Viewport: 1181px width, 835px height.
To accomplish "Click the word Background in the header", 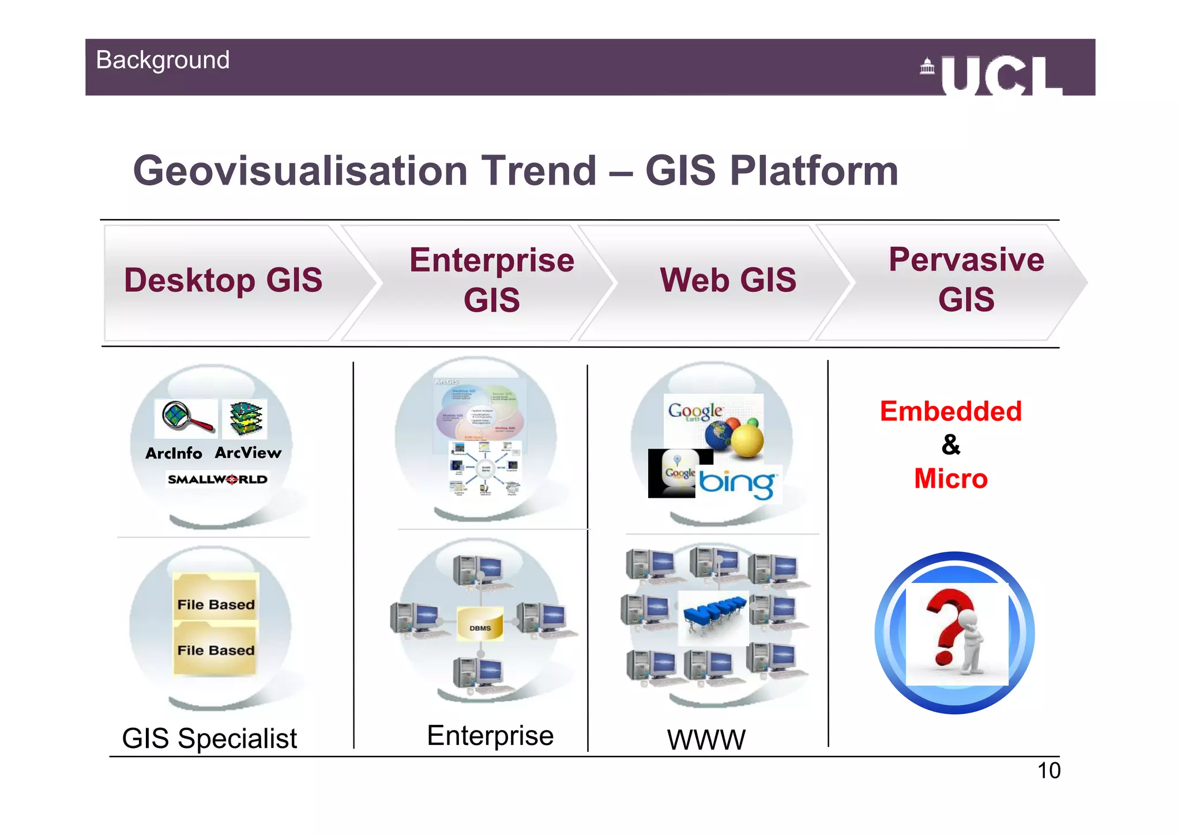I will [x=163, y=60].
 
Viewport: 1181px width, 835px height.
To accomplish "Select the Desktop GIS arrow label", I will [x=223, y=280].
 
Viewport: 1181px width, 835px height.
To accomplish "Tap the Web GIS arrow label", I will [x=728, y=280].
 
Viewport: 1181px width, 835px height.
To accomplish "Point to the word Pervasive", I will [x=966, y=259].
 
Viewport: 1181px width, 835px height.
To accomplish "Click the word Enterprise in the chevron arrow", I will [x=492, y=260].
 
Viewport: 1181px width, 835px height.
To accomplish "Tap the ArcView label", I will [x=248, y=453].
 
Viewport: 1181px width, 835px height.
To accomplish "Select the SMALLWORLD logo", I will [x=217, y=479].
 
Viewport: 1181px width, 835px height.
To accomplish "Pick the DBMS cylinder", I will [x=480, y=624].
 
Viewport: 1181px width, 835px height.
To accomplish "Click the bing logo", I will [x=738, y=483].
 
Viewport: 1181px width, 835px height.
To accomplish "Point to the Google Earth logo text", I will [x=695, y=411].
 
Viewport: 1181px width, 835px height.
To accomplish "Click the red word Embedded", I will [x=950, y=412].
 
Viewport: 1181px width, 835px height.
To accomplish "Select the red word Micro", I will [x=950, y=479].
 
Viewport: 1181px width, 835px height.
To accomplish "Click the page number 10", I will [x=1048, y=771].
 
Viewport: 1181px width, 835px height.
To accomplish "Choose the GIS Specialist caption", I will [x=209, y=739].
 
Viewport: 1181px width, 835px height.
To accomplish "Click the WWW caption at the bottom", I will [x=706, y=740].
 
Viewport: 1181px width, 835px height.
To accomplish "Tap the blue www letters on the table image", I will [x=714, y=610].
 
